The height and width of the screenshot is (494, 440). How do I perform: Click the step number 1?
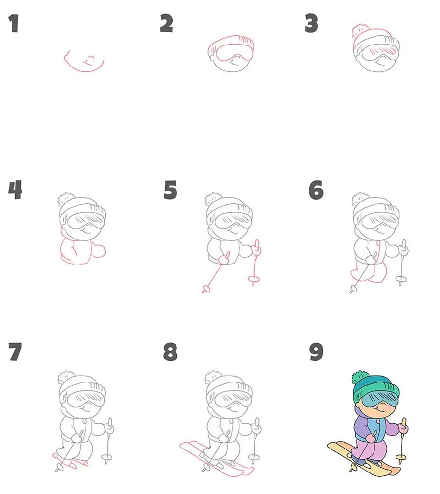[x=13, y=23]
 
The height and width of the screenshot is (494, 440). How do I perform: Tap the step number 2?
[x=166, y=23]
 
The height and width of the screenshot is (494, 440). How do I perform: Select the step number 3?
[x=311, y=23]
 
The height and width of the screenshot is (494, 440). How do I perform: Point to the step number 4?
[x=15, y=190]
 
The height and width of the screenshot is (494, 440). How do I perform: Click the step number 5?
[x=171, y=190]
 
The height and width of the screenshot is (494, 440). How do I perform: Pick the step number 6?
[x=316, y=190]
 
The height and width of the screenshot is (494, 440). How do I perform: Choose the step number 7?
[x=15, y=352]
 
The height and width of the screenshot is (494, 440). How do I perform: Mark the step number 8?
[x=171, y=352]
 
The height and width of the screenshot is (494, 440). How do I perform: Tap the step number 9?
[x=316, y=352]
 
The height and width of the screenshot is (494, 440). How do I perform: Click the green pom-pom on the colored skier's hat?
[x=360, y=378]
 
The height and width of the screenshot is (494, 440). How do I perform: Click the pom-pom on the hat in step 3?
[x=360, y=31]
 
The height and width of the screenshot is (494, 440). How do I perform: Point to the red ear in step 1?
[x=67, y=57]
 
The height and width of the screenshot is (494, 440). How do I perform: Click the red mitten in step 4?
[x=100, y=251]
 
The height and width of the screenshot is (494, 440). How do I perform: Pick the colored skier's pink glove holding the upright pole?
[x=403, y=428]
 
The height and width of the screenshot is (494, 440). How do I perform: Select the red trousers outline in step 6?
[x=369, y=273]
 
